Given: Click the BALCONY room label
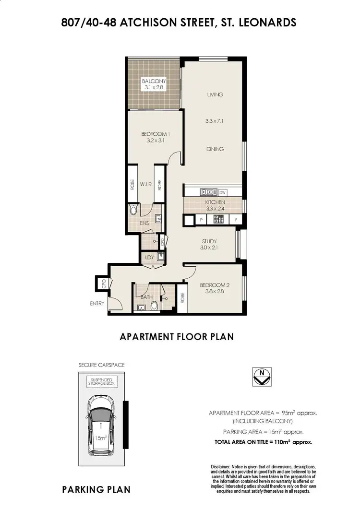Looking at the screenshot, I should point(154,81).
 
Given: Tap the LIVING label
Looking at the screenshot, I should point(215,95).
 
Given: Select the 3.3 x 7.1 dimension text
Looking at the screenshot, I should point(215,121).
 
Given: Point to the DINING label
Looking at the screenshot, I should point(215,149).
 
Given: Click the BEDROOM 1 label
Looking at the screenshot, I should point(155,134).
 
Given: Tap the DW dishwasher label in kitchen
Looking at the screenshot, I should point(222,192).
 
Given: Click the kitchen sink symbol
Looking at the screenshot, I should point(208,192).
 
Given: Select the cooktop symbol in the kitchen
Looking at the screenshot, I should point(219,220).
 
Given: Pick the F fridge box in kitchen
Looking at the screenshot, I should point(236,220).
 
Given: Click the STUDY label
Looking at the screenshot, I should point(209,241).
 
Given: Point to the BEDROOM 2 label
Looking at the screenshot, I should point(215,285).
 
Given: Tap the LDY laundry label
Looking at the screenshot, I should point(149,258).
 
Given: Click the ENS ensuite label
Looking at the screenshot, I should point(144,223).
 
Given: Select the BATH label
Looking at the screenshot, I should point(146,297).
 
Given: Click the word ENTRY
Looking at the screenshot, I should point(96,303).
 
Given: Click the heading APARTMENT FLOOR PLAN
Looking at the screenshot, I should point(176,337).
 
